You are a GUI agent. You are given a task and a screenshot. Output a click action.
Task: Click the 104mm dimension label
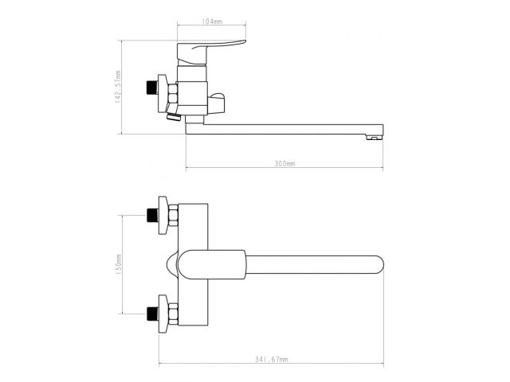(x=212, y=21)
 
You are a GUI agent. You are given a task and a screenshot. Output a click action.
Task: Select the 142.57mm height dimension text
(x=118, y=87)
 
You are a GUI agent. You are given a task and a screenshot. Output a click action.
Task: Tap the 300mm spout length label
(x=284, y=163)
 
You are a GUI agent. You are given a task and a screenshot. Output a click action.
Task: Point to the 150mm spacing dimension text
(x=118, y=265)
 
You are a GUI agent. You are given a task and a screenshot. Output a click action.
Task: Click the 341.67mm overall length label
(x=271, y=359)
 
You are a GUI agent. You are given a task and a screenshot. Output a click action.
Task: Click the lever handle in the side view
(x=208, y=52)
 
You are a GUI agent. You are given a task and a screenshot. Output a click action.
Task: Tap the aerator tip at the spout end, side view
(x=375, y=138)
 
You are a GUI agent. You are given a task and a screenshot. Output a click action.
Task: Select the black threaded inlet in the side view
(x=152, y=88)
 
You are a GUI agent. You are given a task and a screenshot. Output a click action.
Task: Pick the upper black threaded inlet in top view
(x=152, y=215)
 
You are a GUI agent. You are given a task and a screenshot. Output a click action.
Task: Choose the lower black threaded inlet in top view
(x=152, y=314)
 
